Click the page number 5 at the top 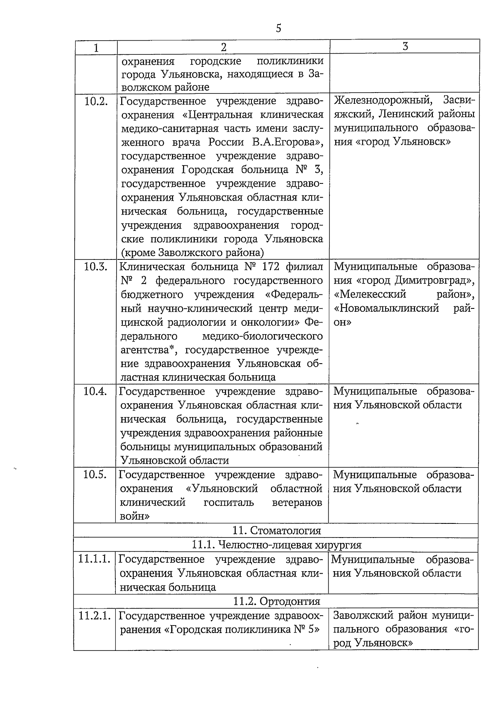[278, 28]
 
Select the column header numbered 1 [96, 48]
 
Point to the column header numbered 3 [405, 46]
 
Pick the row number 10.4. [95, 391]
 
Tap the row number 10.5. [95, 474]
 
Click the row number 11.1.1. [95, 559]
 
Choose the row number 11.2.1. [95, 616]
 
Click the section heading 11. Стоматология [277, 530]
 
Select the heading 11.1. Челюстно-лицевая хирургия [276, 545]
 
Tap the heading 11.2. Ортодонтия [276, 601]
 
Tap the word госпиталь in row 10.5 [228, 503]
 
